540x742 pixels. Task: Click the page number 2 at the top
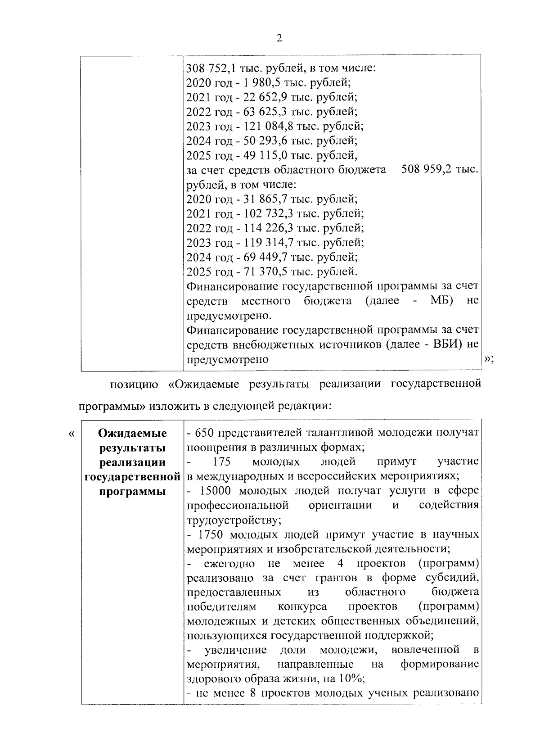279,39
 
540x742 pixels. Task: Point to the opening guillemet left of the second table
71,434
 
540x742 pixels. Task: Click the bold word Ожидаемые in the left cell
132,433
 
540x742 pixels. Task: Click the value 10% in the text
352,679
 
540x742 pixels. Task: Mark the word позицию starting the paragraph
134,385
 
